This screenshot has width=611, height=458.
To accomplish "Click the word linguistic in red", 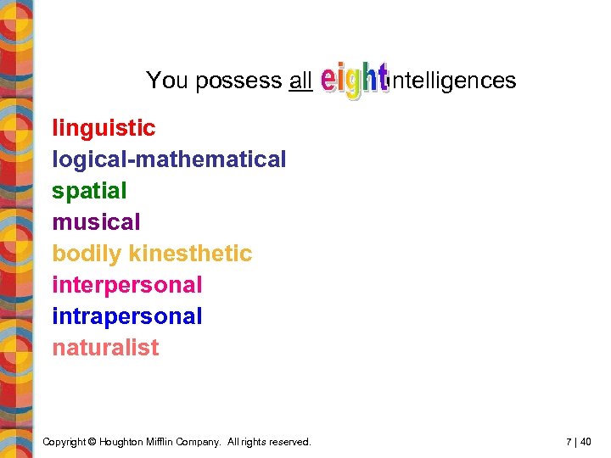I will (104, 128).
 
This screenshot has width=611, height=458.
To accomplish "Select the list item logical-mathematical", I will (169, 159).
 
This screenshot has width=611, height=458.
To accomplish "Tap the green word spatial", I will (89, 191).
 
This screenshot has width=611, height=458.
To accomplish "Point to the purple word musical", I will (96, 222).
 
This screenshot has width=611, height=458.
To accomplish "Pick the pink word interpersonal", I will (127, 285).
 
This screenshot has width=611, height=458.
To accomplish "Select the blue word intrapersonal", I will (127, 316).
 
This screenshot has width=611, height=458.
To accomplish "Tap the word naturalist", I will (105, 348).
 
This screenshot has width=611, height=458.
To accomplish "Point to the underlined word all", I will (300, 81).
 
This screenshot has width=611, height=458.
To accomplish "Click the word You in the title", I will (167, 81).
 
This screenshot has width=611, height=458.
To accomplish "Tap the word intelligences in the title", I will (453, 81).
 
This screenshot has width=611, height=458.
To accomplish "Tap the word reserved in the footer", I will (289, 442).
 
